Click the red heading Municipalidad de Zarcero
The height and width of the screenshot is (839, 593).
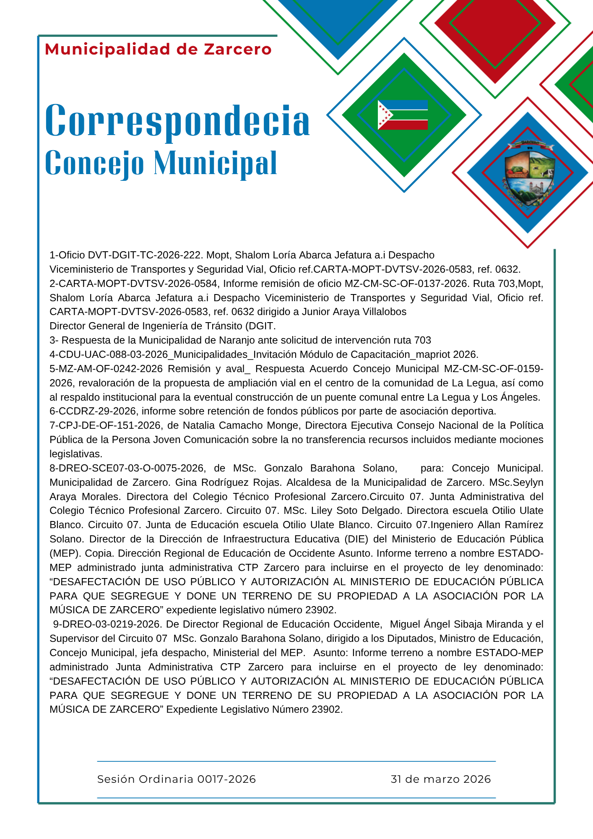click(x=158, y=50)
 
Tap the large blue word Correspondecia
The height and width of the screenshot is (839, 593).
click(x=177, y=120)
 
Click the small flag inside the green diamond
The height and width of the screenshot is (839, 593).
click(x=403, y=115)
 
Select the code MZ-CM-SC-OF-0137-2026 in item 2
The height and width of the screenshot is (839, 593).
click(x=406, y=284)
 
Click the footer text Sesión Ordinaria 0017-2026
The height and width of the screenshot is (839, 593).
click(x=176, y=779)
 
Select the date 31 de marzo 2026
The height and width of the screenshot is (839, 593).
click(x=440, y=779)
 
